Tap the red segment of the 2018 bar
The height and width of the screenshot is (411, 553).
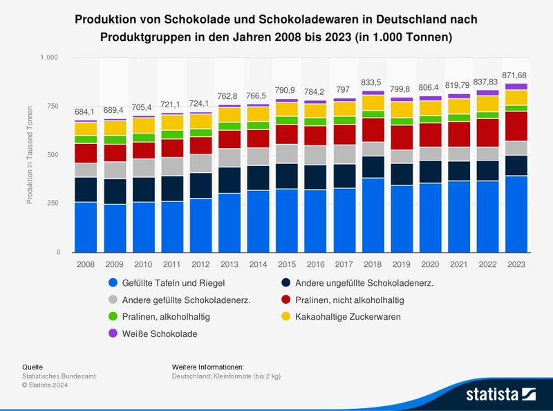click(374, 129)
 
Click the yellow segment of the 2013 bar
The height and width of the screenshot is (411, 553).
click(230, 114)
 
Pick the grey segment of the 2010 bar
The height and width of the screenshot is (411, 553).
click(144, 167)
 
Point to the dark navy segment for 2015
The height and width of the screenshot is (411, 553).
click(288, 176)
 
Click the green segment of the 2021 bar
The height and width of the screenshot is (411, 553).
click(460, 118)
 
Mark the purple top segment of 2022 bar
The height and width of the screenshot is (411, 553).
click(488, 93)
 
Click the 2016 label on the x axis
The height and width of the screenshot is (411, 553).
click(316, 264)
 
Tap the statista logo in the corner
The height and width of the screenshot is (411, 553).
click(500, 394)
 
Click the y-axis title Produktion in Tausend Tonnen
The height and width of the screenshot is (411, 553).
click(29, 155)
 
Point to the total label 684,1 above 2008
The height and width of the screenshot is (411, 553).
click(86, 112)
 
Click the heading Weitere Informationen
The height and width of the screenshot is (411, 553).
click(208, 367)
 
